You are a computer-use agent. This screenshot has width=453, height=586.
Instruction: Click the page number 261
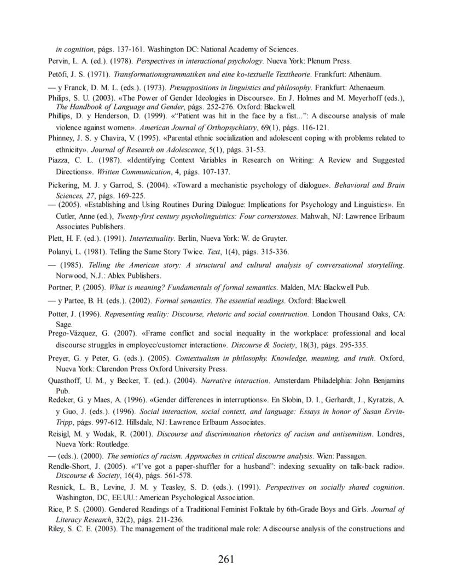(226, 559)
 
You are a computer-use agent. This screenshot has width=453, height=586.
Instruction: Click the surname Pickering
(63, 185)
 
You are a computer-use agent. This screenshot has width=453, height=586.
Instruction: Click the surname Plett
(56, 239)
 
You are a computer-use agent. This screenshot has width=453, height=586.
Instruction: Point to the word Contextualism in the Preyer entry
(199, 358)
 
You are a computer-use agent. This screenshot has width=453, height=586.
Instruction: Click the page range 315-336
(276, 252)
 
